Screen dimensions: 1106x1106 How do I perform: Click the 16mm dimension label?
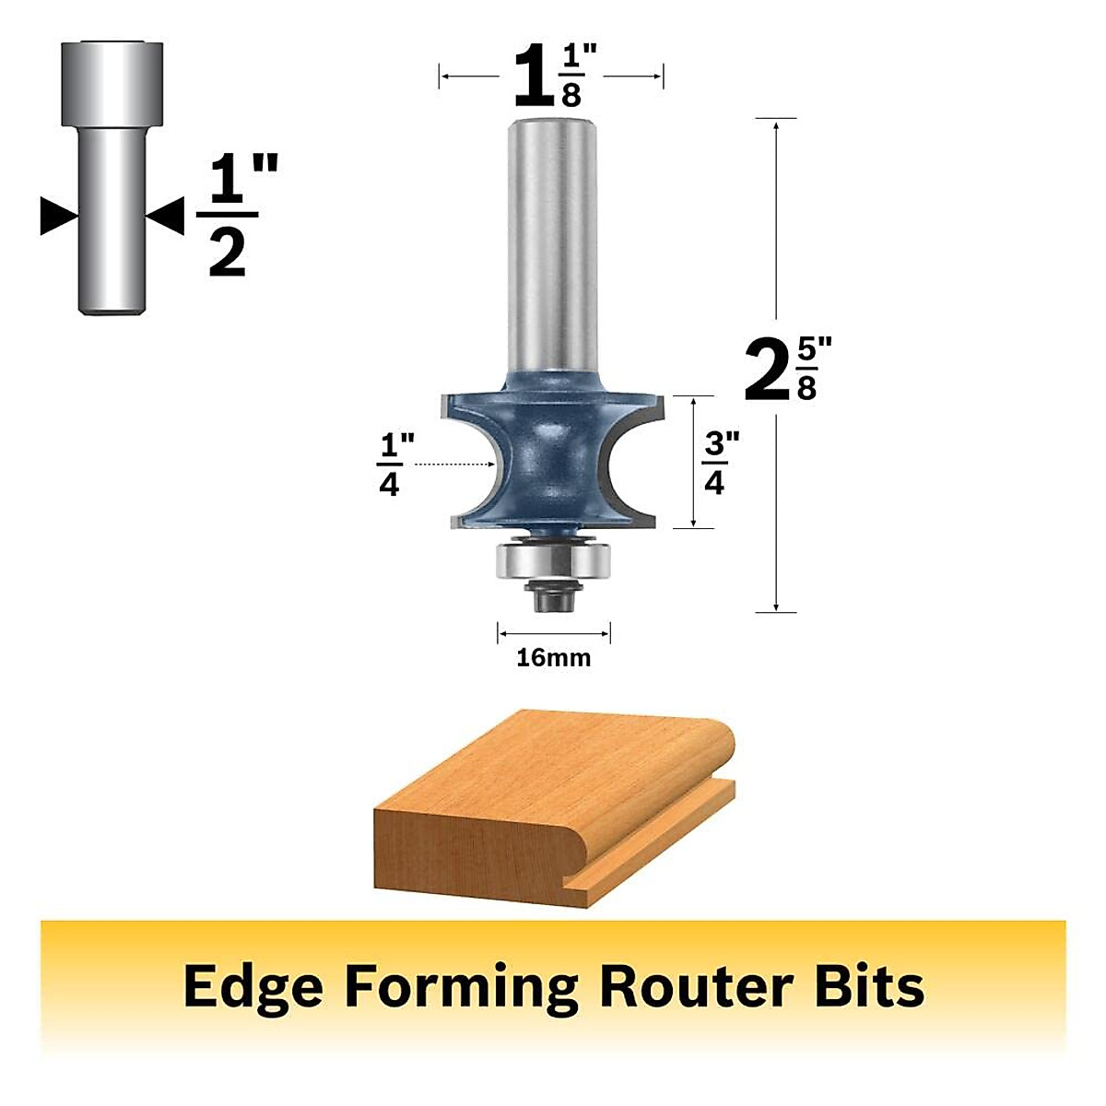[553, 658]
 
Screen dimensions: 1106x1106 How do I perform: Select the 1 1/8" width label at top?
[550, 76]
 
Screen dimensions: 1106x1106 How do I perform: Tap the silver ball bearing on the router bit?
[553, 560]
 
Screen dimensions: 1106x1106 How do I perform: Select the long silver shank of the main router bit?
[552, 240]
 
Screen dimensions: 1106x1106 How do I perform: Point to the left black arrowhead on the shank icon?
[57, 216]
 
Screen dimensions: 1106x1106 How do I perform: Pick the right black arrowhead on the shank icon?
[168, 216]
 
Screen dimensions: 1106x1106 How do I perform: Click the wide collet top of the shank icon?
[112, 83]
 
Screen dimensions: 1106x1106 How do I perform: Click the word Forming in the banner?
[462, 986]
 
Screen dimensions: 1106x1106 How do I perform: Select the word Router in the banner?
[694, 986]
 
